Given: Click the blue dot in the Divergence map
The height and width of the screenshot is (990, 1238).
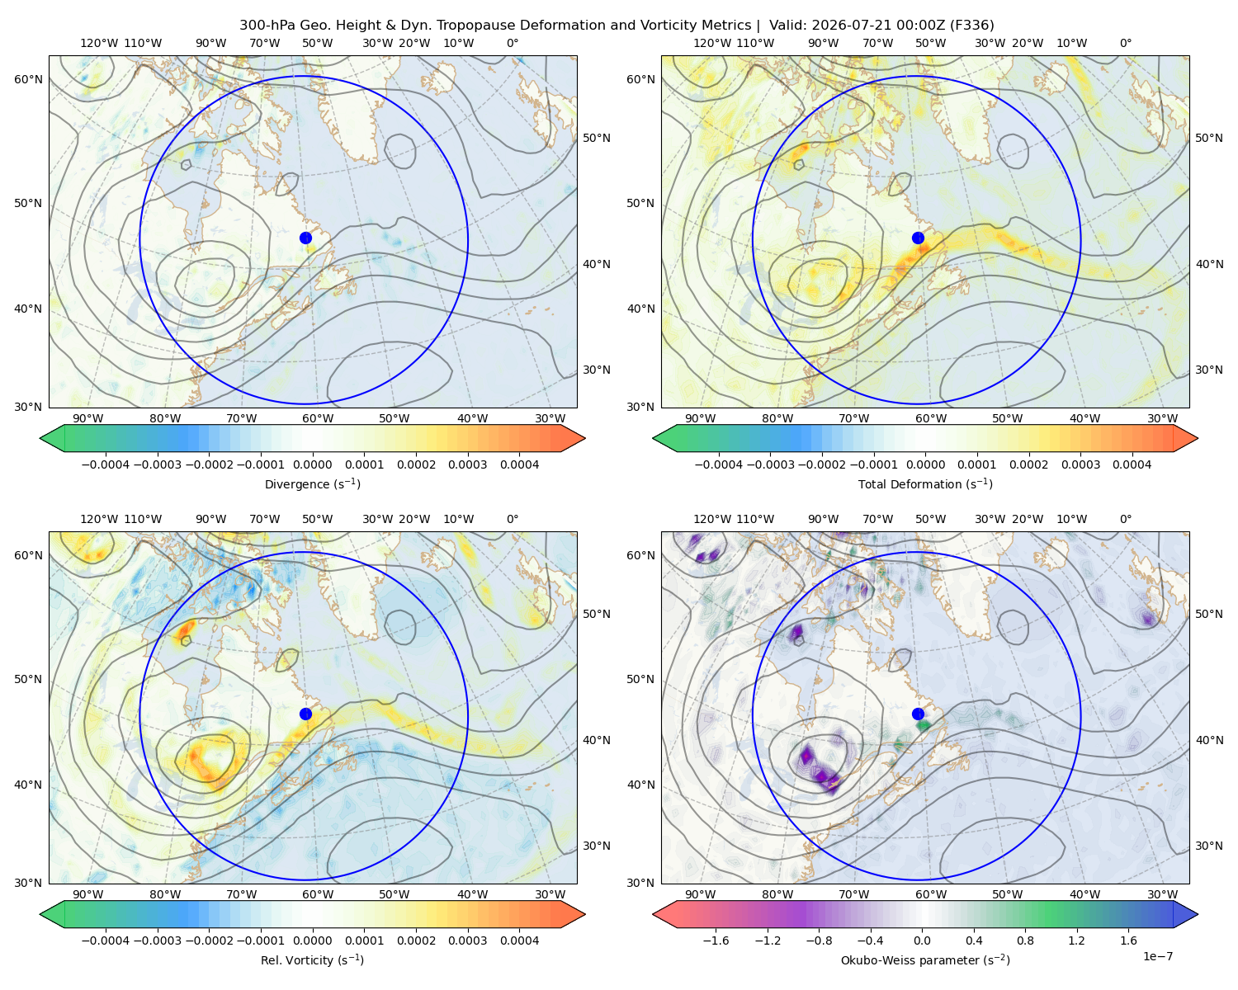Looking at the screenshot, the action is [x=305, y=238].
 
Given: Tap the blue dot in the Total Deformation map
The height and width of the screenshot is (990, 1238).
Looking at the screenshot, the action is [x=918, y=238].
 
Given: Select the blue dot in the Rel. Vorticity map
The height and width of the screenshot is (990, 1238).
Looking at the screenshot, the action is [x=305, y=714].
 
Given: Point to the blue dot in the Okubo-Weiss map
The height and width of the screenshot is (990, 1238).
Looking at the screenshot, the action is [x=918, y=714].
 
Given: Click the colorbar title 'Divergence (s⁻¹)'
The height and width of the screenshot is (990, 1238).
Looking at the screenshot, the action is [x=312, y=483].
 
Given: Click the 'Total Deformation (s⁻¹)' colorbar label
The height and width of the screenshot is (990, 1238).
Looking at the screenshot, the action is [x=925, y=483].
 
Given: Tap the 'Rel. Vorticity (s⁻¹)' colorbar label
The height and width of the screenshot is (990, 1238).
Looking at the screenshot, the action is [x=312, y=960].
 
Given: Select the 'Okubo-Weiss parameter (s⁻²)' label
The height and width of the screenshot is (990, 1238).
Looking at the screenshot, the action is [x=925, y=960].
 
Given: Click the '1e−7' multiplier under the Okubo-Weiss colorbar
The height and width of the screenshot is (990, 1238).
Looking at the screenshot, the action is [x=1157, y=956].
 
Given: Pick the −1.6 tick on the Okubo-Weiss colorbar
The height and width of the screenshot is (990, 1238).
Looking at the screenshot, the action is [x=716, y=940].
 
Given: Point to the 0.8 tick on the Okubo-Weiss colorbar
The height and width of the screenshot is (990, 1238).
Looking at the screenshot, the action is [x=1025, y=940].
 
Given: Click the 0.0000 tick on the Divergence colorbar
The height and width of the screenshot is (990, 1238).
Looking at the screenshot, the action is [x=312, y=464].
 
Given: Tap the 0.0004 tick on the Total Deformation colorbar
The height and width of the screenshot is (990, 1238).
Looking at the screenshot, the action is [x=1132, y=464].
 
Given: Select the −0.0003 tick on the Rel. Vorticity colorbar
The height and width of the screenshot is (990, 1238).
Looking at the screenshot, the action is [x=157, y=940].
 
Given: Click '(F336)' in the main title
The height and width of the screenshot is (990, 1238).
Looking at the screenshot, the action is [x=971, y=26].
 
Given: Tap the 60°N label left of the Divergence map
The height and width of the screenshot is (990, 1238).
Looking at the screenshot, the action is [x=28, y=79].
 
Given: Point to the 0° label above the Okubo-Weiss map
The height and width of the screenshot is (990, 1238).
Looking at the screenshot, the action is [x=1126, y=519].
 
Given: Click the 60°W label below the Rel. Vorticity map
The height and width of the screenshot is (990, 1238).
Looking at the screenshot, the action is [x=318, y=894].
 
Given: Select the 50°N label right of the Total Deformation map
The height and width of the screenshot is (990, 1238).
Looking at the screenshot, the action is [x=1208, y=138].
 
